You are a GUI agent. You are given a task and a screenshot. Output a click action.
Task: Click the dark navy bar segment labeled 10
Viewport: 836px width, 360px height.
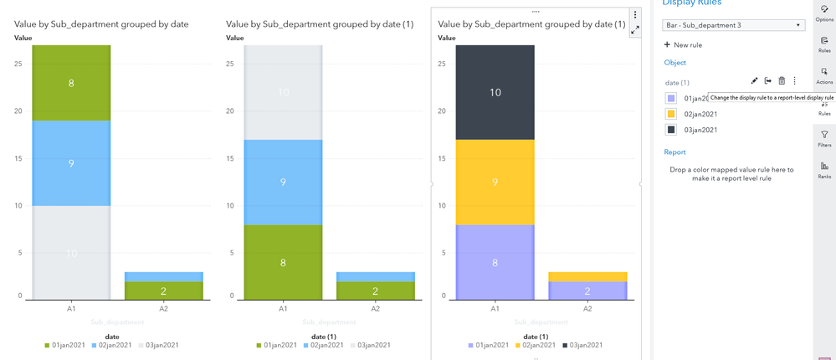(x=495, y=92)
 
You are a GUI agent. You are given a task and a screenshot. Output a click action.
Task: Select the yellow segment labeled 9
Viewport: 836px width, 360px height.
(x=495, y=182)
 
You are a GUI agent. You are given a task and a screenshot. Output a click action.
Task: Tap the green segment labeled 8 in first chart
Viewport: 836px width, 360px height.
(x=71, y=83)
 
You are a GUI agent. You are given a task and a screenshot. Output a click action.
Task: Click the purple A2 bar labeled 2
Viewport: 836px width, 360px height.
(x=587, y=291)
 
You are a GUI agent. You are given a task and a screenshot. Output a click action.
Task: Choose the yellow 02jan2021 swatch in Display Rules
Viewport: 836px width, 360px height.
(x=671, y=114)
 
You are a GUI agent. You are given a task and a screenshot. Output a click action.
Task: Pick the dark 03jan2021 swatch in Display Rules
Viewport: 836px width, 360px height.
(x=671, y=130)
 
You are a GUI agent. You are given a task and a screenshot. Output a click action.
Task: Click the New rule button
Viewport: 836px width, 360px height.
(x=683, y=44)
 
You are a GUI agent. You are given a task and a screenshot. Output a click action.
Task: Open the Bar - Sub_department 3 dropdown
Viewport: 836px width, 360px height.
(x=733, y=25)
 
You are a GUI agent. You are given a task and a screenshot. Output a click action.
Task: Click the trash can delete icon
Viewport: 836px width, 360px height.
(x=782, y=81)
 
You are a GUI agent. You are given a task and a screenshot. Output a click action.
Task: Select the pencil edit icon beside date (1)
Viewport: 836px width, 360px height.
(x=754, y=81)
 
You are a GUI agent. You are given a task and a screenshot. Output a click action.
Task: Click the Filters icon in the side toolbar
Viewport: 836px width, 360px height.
(x=824, y=138)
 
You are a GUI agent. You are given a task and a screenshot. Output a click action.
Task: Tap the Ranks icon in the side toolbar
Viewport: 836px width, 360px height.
(x=824, y=170)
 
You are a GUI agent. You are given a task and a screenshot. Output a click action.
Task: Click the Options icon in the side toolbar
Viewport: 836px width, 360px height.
(x=824, y=13)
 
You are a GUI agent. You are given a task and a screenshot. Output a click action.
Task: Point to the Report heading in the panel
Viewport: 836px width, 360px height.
(x=674, y=152)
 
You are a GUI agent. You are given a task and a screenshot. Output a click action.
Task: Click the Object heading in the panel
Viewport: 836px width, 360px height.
(x=674, y=63)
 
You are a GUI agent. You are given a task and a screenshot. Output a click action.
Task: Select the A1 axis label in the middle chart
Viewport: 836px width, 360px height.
(x=283, y=309)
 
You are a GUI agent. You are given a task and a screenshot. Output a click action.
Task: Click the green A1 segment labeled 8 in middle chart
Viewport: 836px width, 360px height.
(x=283, y=262)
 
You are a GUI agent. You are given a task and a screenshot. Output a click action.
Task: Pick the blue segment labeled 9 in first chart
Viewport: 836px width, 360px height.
(x=71, y=163)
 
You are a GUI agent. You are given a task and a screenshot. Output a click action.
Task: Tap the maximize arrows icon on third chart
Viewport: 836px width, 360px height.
(x=635, y=29)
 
